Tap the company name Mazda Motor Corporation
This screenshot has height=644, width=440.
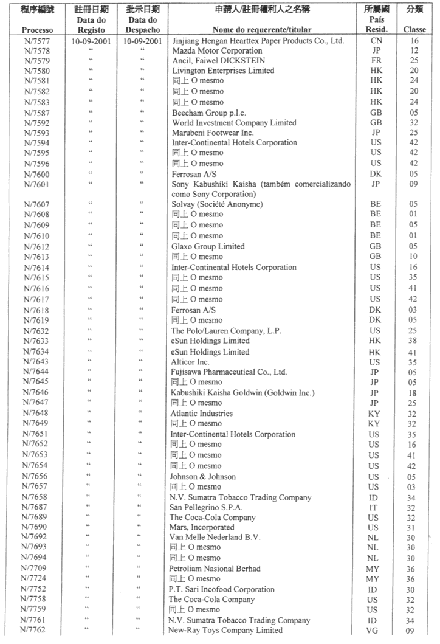(216, 51)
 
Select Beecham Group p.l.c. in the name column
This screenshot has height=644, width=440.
(208, 113)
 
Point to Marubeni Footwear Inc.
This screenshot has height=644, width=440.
(212, 133)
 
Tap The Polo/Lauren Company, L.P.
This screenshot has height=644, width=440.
(221, 330)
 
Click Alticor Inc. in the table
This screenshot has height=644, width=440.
(190, 362)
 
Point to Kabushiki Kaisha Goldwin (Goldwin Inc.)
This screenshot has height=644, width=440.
(243, 393)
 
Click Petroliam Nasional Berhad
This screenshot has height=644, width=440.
(216, 569)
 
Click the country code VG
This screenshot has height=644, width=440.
(375, 631)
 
